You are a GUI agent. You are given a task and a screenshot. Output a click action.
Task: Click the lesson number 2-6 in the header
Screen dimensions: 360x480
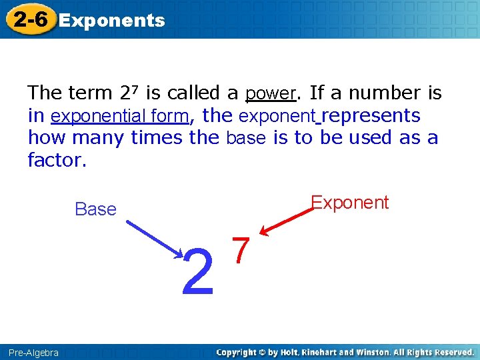30,20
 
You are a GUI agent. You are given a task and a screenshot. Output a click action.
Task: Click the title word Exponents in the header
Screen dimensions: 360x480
112,21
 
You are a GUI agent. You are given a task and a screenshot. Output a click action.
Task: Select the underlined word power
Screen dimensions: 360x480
270,93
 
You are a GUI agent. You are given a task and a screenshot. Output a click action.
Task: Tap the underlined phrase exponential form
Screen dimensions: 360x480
120,116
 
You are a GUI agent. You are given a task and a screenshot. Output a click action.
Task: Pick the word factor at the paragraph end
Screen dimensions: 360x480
57,161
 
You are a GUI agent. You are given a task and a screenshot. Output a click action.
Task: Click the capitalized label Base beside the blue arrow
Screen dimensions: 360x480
95,209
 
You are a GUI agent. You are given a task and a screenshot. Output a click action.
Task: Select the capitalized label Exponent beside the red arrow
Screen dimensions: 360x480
350,203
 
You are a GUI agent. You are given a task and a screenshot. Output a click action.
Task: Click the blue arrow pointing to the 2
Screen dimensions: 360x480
155,234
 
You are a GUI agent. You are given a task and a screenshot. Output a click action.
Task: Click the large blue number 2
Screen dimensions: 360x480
198,271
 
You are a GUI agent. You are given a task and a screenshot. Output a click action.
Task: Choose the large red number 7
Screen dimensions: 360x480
241,250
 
